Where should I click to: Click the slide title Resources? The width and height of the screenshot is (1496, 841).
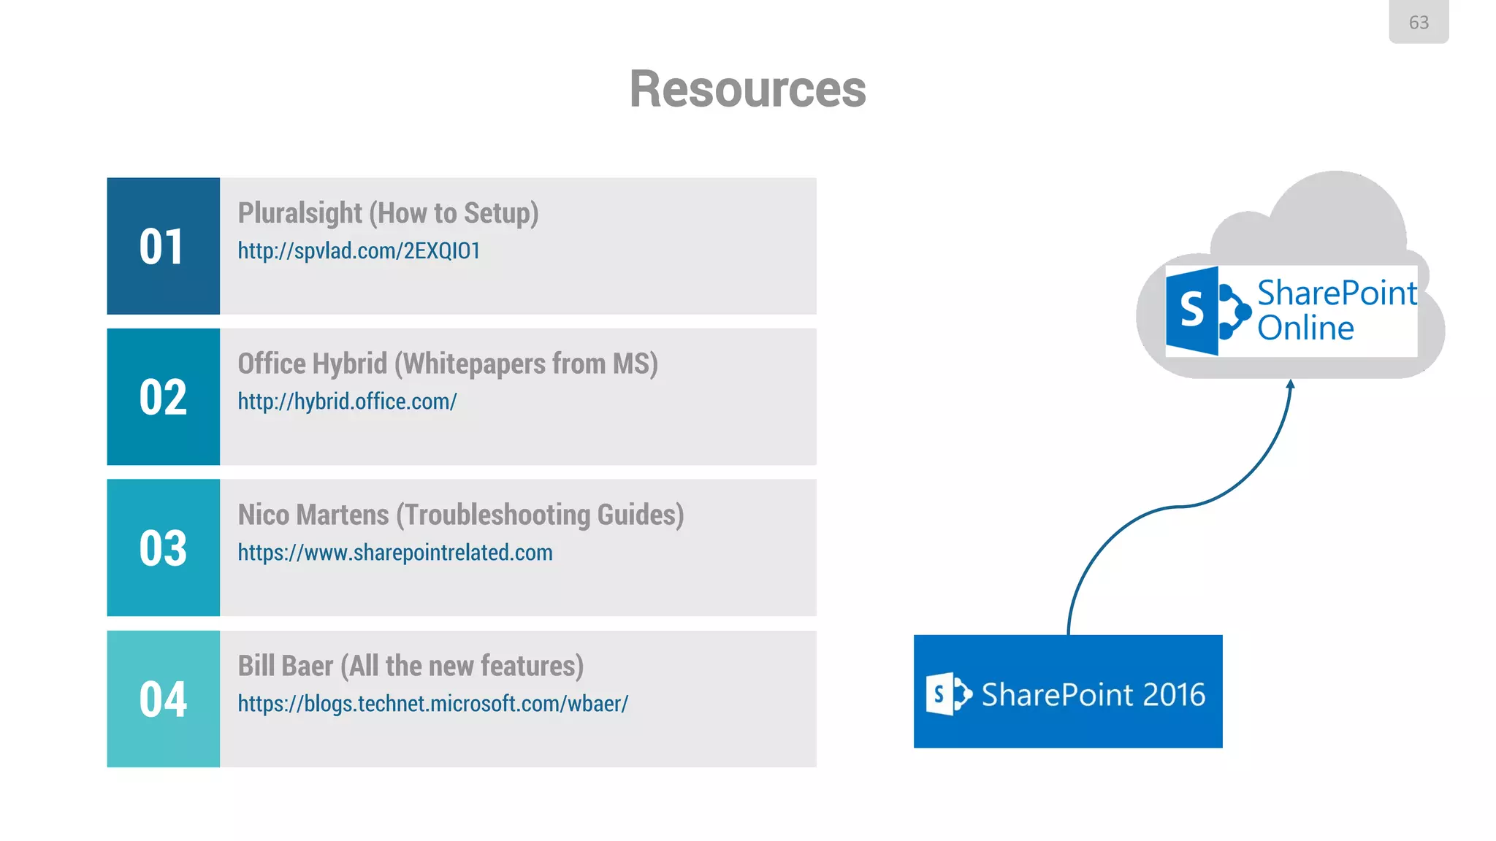click(x=747, y=89)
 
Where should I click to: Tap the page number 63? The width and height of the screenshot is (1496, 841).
click(x=1418, y=23)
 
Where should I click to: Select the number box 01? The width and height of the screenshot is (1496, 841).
click(x=163, y=246)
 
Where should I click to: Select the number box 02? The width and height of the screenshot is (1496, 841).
click(x=163, y=397)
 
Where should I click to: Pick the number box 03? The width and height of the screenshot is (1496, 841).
click(x=163, y=548)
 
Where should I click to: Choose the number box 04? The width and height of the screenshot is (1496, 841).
click(x=163, y=699)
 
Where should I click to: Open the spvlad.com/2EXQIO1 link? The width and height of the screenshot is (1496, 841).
click(x=359, y=251)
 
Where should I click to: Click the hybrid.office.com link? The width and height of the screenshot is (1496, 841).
click(x=347, y=402)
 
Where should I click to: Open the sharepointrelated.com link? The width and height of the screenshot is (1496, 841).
click(x=394, y=553)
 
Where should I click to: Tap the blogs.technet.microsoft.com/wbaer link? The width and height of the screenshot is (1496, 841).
click(x=432, y=704)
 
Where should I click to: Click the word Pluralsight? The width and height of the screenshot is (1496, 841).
click(x=299, y=213)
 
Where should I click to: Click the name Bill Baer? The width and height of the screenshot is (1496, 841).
click(x=285, y=666)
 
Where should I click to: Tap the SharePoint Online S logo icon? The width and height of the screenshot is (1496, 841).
click(x=1205, y=311)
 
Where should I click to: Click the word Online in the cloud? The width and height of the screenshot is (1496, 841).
click(x=1305, y=329)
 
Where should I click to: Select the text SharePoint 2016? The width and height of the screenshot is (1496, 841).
click(x=1093, y=694)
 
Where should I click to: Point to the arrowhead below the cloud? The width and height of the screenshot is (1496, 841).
click(x=1291, y=385)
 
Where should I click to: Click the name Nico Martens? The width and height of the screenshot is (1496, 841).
click(x=313, y=515)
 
